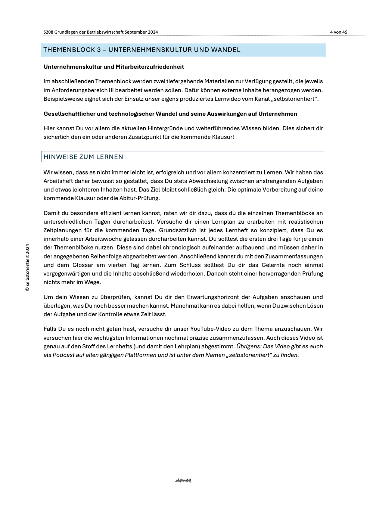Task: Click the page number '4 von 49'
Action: pos(338,32)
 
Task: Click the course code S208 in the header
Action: pos(48,32)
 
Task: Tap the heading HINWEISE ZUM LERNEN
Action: pos(83,157)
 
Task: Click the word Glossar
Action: pos(83,265)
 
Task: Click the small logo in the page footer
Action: pos(183,481)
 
